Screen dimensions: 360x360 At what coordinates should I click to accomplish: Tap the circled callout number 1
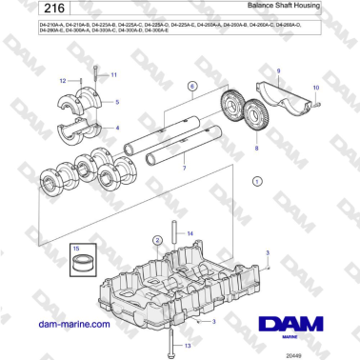(x=255, y=179)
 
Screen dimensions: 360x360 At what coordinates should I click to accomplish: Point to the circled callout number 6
(x=190, y=86)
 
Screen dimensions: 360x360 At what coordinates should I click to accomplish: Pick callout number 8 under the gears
(x=255, y=149)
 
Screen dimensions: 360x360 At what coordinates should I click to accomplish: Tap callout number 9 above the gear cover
(x=279, y=71)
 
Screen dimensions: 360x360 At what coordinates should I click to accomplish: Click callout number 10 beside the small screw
(x=316, y=88)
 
